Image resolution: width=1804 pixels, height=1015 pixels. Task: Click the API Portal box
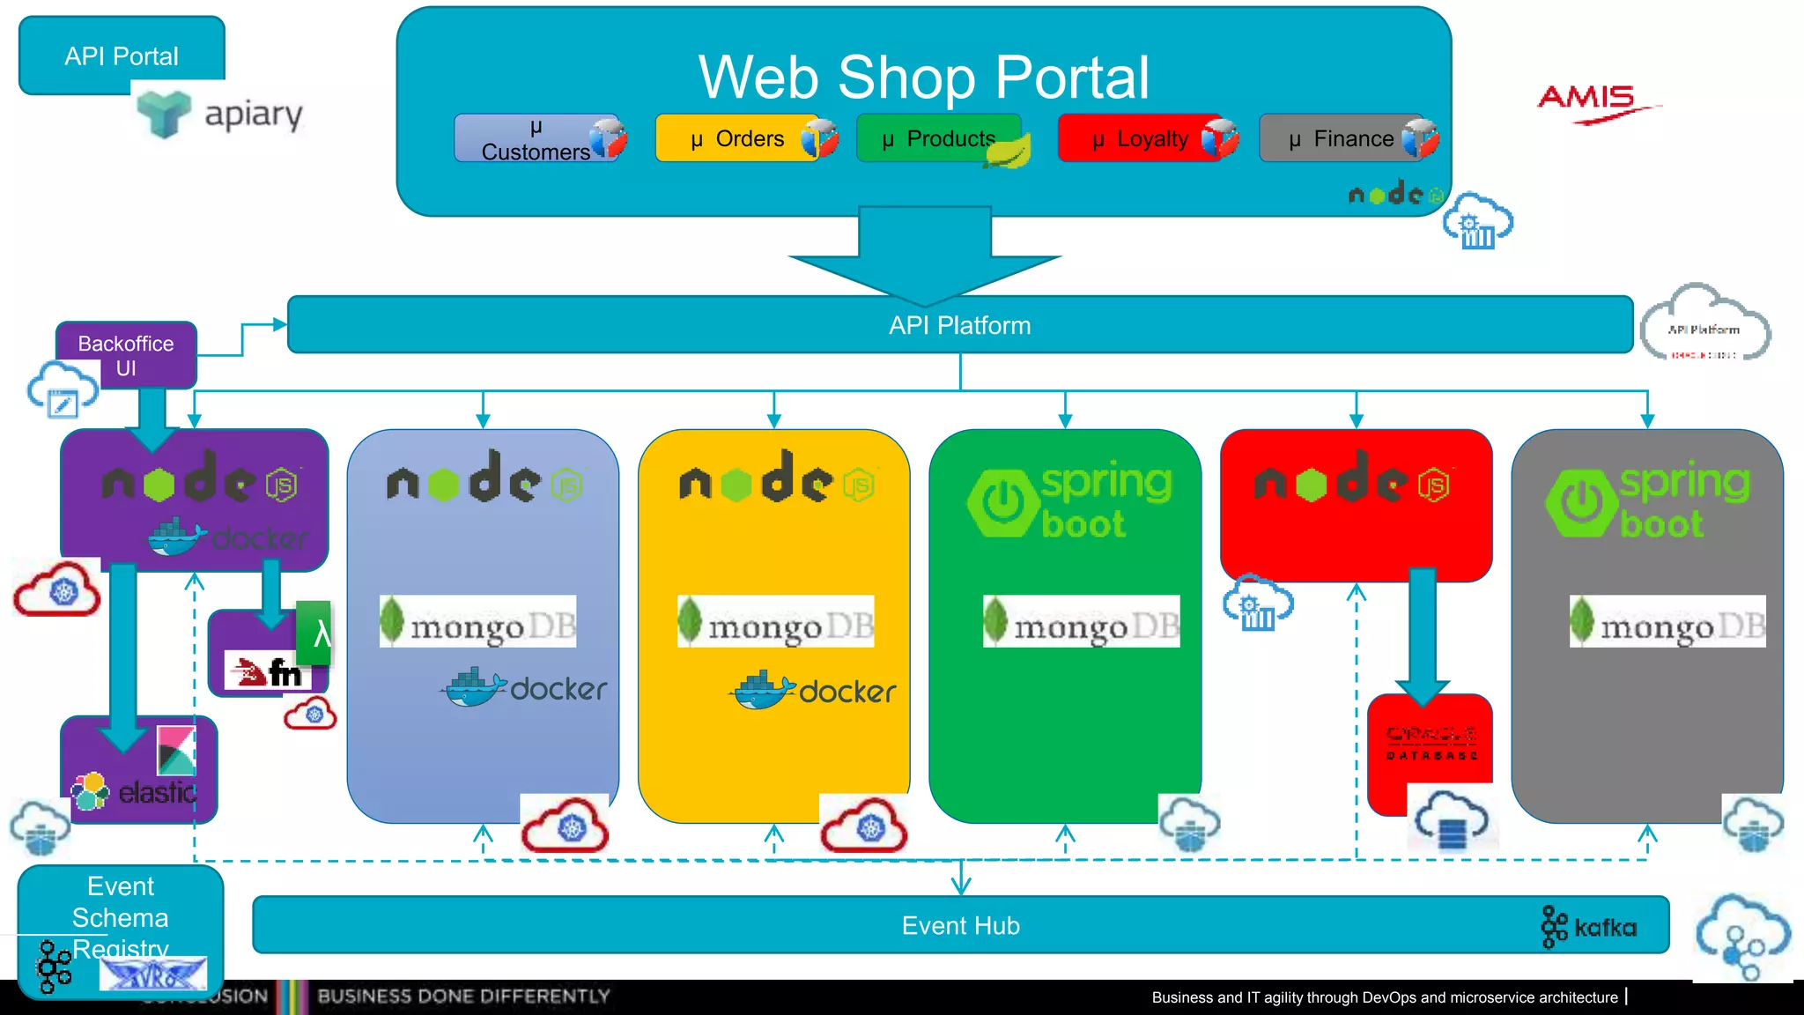[122, 56]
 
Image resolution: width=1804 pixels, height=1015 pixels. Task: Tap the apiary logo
[221, 115]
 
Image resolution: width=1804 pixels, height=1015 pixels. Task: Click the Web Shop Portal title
[923, 78]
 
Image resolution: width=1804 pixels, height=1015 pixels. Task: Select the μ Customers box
[535, 139]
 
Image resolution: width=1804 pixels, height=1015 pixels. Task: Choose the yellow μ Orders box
[738, 139]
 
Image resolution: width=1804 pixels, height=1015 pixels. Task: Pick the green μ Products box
[938, 139]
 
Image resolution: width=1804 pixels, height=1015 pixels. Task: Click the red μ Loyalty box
[1140, 139]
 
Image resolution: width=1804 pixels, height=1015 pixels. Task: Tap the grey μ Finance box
[1341, 139]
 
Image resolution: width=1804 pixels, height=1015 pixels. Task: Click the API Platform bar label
[959, 325]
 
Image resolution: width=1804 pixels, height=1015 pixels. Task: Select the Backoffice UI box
[126, 355]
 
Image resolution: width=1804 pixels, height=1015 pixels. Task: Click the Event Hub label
[960, 925]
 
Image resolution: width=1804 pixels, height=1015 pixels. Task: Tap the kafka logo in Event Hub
[1590, 927]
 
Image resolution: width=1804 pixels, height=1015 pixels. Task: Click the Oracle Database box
[1431, 745]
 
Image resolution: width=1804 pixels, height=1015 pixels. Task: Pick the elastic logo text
[157, 793]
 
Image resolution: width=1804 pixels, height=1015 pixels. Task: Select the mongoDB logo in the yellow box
[775, 622]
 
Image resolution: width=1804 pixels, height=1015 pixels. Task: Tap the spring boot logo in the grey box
[1647, 500]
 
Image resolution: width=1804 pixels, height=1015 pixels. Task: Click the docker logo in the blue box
[527, 688]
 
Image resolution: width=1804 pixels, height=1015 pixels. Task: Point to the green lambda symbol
[319, 633]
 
